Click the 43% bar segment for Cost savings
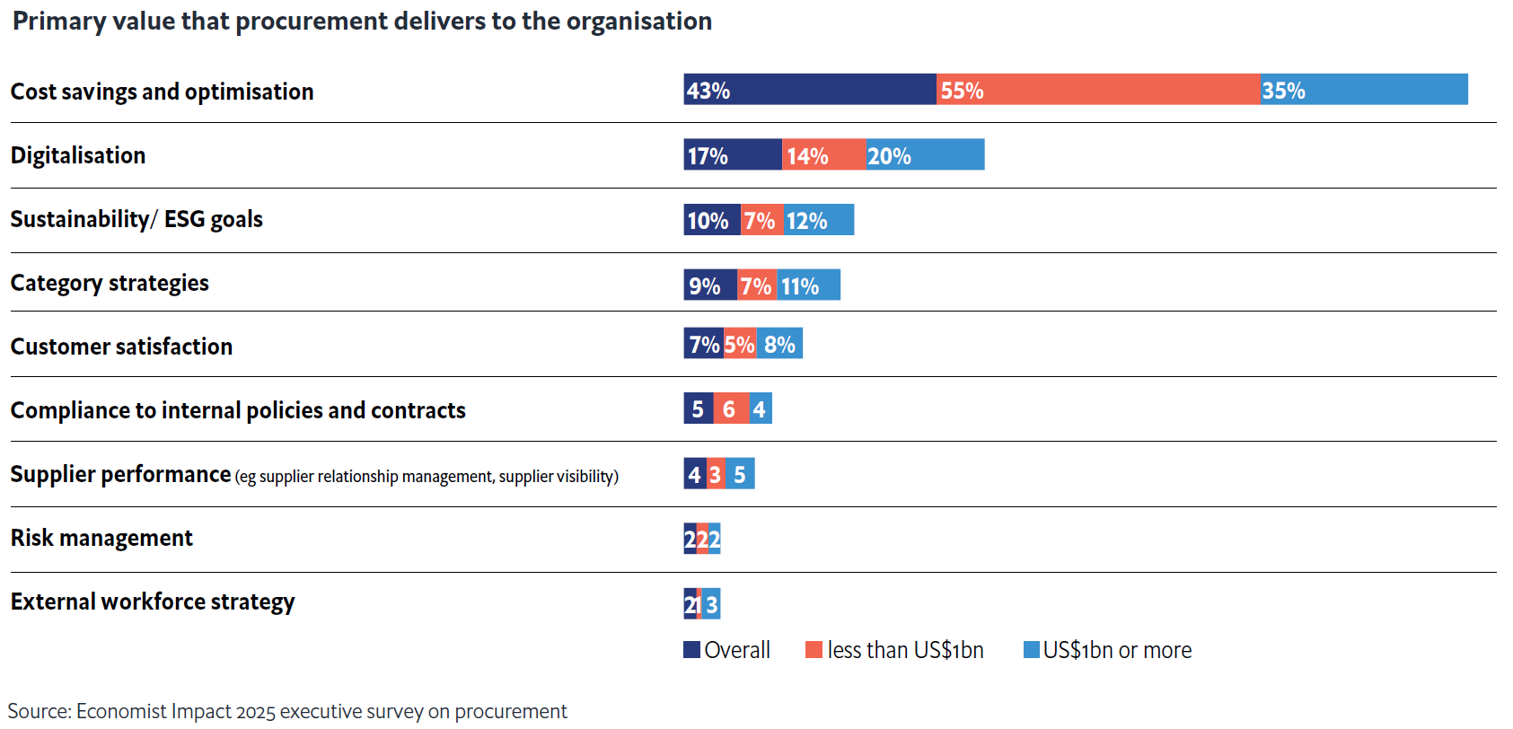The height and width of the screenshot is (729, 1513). [809, 90]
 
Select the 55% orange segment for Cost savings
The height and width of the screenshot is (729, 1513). [1097, 90]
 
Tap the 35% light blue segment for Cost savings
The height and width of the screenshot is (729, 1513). [1363, 90]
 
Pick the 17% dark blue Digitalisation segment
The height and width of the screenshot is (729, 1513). [732, 154]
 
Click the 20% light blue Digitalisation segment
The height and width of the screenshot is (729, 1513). [925, 154]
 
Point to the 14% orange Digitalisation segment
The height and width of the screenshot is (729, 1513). [823, 154]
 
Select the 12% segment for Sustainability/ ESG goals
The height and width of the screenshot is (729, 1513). [818, 220]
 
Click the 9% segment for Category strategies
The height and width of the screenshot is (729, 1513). [709, 285]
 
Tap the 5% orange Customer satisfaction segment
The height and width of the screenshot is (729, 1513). [740, 343]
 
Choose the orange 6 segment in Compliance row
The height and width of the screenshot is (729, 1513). [731, 408]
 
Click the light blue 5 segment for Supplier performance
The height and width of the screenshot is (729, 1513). [740, 473]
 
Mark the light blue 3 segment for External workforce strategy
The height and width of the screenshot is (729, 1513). [711, 603]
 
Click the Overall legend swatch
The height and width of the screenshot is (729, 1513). [691, 649]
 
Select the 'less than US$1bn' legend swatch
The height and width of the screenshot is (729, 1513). [814, 649]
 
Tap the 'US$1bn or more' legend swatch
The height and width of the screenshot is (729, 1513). [1032, 649]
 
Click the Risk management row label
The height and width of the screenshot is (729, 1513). [101, 538]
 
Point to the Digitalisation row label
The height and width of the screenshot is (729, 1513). [78, 155]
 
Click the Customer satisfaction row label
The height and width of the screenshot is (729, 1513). [121, 347]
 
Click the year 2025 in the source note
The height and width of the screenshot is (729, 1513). [256, 711]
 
